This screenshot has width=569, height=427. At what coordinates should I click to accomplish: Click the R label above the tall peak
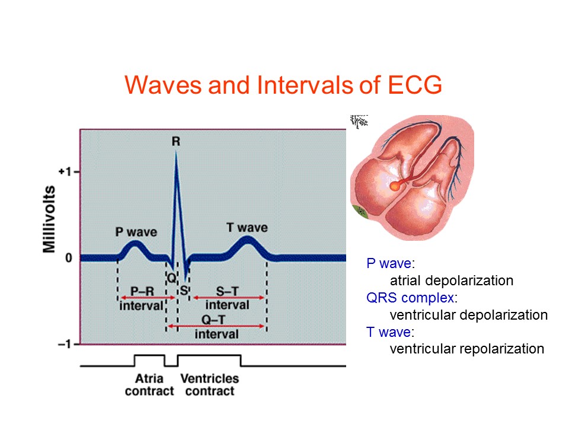click(175, 141)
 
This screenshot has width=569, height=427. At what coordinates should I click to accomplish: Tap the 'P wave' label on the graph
click(136, 231)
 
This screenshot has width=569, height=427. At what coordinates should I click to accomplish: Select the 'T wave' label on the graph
click(247, 228)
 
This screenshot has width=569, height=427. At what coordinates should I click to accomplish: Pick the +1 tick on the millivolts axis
click(65, 172)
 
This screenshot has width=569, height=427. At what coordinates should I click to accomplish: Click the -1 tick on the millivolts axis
click(65, 345)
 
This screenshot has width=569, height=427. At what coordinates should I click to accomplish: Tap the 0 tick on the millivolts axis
click(69, 258)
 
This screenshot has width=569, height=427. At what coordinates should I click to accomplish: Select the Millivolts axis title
click(50, 220)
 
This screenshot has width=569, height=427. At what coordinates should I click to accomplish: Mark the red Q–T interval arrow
click(216, 326)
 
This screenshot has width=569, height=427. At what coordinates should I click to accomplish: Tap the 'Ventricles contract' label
click(209, 385)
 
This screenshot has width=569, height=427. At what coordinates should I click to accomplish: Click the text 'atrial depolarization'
click(451, 281)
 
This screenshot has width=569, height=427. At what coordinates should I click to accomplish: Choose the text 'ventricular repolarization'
click(466, 349)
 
